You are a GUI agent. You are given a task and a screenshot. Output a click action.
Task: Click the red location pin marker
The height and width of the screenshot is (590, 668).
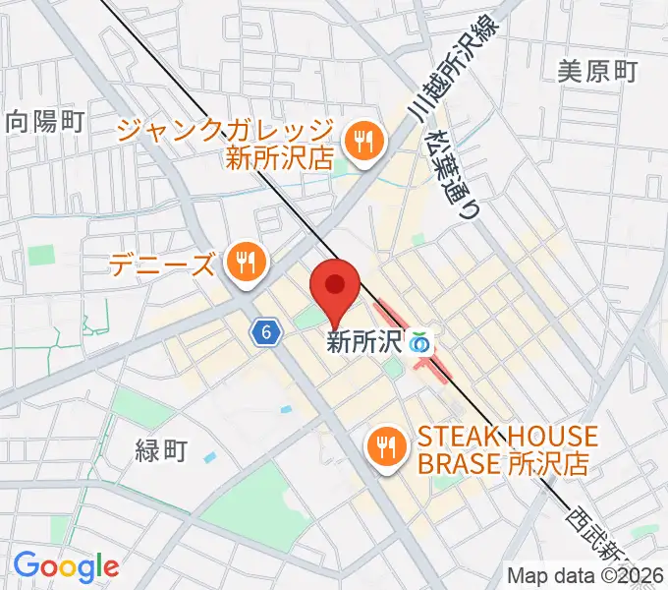[334, 287]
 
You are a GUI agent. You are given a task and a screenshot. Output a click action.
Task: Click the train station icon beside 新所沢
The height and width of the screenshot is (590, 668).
[420, 343]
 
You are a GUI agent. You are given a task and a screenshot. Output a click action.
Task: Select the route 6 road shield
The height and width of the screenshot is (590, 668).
[264, 333]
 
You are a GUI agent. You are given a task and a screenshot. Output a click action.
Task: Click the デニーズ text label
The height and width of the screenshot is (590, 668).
[162, 265]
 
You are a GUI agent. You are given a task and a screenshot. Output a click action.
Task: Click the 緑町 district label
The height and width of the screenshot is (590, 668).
[160, 450]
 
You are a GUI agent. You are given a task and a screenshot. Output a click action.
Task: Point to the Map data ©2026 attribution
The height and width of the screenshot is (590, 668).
[585, 575]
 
